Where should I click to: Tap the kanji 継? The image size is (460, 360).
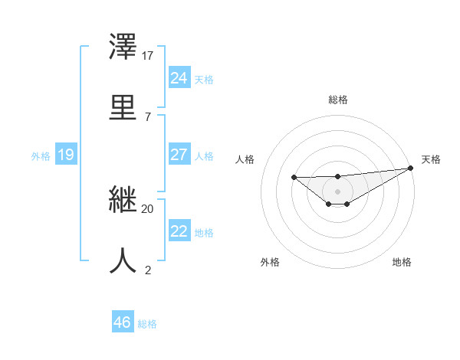click(x=124, y=202)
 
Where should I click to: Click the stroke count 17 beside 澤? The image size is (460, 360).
click(x=148, y=56)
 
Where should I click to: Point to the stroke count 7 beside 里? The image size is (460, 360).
click(x=148, y=116)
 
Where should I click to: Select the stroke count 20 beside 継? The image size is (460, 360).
click(x=148, y=208)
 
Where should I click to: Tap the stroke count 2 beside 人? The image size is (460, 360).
click(x=148, y=270)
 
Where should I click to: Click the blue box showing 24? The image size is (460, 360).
click(x=179, y=77)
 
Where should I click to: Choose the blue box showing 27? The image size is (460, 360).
click(x=179, y=155)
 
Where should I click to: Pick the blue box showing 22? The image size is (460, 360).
click(x=179, y=231)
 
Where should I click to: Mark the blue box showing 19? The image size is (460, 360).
click(x=66, y=155)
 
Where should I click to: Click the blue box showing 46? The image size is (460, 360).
click(x=123, y=322)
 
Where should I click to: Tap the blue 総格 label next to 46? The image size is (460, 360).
click(x=147, y=324)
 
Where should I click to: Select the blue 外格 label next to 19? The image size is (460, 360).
click(x=41, y=156)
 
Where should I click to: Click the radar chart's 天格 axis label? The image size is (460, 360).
click(x=431, y=159)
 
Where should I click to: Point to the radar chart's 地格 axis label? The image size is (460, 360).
click(x=402, y=262)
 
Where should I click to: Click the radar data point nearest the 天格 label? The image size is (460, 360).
click(x=411, y=168)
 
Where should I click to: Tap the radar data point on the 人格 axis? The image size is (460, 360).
click(x=294, y=178)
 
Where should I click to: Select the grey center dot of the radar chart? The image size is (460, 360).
click(x=337, y=191)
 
